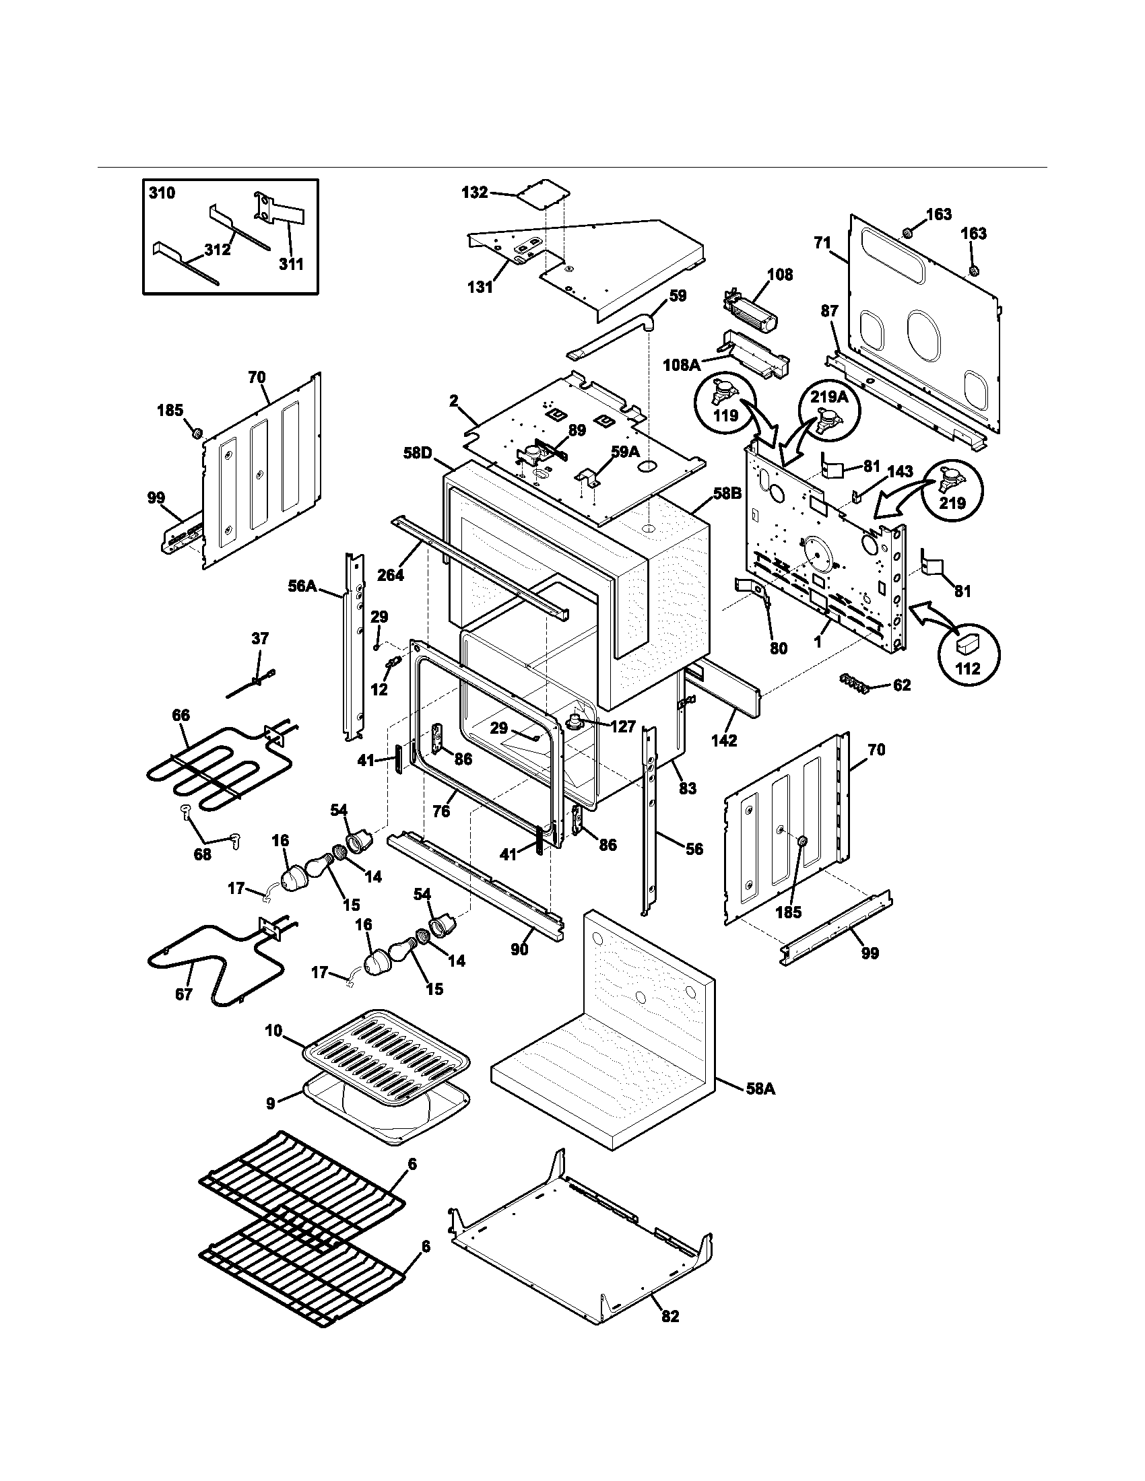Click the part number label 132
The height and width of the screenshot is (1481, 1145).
[474, 193]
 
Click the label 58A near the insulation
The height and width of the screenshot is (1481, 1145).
[760, 1089]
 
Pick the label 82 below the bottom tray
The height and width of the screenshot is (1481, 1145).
[669, 1335]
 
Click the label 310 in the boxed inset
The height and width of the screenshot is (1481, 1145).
[162, 193]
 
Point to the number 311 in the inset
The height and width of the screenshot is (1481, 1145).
[291, 264]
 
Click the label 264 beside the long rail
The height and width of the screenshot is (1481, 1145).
[390, 575]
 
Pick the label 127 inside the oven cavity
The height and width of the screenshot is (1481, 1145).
[622, 727]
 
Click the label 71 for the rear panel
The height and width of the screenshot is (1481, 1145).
[822, 242]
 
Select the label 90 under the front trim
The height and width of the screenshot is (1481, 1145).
[519, 950]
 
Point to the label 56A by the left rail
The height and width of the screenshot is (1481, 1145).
[302, 585]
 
